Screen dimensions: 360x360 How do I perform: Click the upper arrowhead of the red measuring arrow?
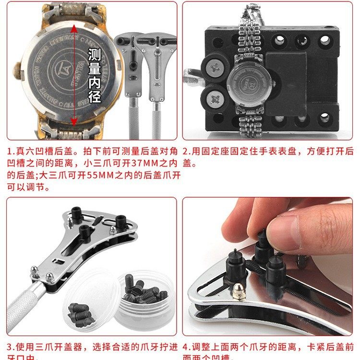pos(73,28)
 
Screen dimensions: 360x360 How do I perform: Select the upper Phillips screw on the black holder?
pos(213,68)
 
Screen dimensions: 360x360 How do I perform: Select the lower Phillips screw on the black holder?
pos(213,99)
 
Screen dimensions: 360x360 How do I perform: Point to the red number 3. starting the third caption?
pos(11,346)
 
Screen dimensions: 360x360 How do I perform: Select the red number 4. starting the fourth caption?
pos(187,346)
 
